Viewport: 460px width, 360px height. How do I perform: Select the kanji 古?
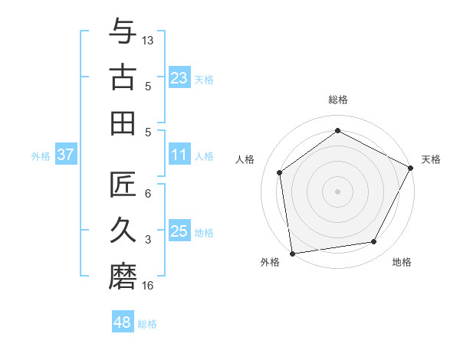(122, 78)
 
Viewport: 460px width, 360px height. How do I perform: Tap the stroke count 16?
(149, 286)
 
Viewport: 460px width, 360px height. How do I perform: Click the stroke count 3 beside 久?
(148, 240)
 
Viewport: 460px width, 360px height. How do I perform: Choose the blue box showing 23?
(179, 77)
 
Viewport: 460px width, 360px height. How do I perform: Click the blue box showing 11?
(179, 155)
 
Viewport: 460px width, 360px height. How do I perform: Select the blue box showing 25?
(179, 231)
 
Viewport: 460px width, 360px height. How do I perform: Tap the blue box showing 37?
(66, 155)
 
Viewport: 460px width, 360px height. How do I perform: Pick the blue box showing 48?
(123, 322)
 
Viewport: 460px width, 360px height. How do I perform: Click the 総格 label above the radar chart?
(338, 100)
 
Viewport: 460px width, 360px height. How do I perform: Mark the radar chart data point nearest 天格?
(412, 169)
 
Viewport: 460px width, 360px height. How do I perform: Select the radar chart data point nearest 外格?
(292, 253)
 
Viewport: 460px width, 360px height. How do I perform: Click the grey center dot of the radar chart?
(338, 191)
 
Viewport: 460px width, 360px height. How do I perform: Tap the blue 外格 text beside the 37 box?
(41, 155)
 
